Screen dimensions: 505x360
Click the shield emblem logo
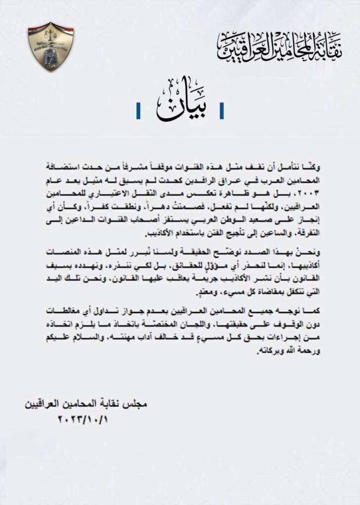(x=51, y=46)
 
